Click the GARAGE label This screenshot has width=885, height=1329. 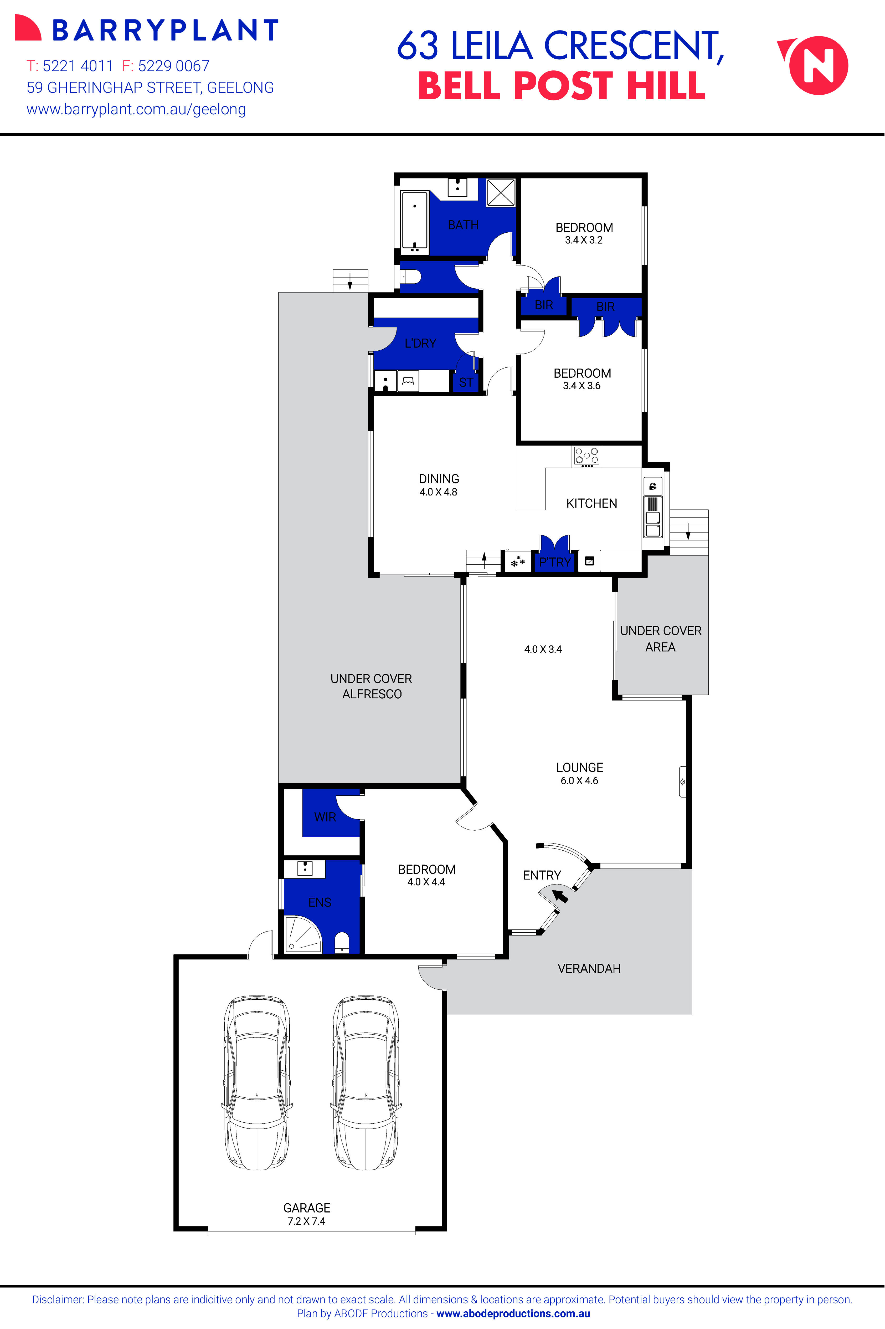tap(306, 1208)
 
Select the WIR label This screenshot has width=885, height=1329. tap(325, 817)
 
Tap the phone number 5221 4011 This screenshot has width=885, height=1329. tap(78, 66)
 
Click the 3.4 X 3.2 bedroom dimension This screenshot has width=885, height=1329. tap(584, 240)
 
